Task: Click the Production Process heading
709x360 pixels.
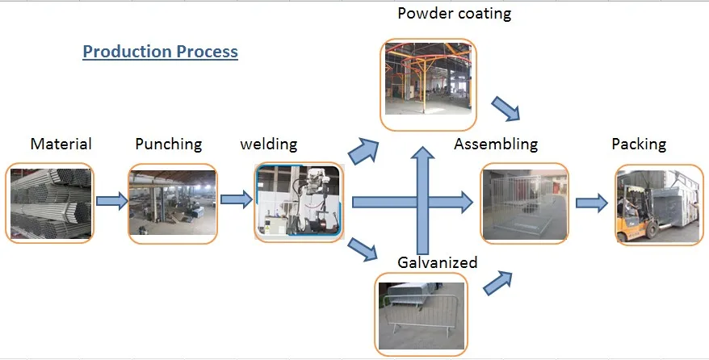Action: point(160,52)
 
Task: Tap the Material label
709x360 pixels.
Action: point(61,144)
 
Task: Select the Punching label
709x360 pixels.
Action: point(168,144)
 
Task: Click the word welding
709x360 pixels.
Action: point(269,144)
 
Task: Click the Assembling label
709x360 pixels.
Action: point(496,144)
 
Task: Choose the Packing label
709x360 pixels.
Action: point(639,144)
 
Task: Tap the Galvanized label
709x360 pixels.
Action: point(438,262)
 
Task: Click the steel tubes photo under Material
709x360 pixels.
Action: point(49,203)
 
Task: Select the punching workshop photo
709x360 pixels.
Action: point(173,203)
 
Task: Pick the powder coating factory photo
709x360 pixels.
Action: point(428,85)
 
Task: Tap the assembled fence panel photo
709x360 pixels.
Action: point(525,203)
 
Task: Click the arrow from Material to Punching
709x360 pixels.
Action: point(111,200)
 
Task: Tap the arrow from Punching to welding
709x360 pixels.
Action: point(235,199)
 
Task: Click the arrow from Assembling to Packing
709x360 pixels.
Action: point(592,203)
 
